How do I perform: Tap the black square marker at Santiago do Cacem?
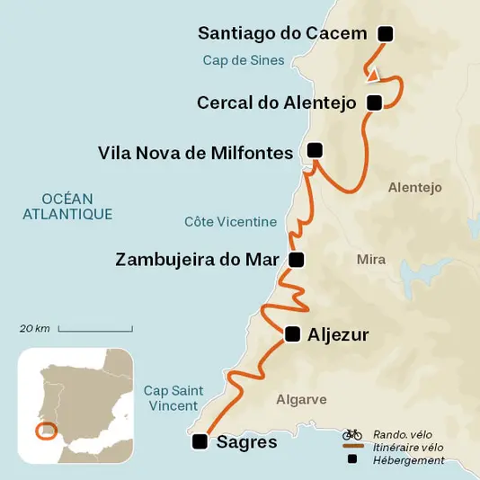pos(386,34)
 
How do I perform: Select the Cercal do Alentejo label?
pos(277,102)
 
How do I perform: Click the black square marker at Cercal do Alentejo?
pos(375,102)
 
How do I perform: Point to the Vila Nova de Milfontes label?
pos(195,153)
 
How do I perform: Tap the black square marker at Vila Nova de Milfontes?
pos(315,150)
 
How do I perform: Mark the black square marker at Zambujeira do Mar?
pos(297,260)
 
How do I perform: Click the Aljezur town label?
pos(338,334)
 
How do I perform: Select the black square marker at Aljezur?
pos(291,334)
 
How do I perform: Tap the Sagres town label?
pos(247,441)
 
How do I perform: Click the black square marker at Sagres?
pos(200,441)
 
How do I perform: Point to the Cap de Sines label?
pos(243,61)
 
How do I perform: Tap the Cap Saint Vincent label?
pos(173,398)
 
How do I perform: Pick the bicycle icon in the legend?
pos(351,433)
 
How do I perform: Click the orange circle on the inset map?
pos(44,430)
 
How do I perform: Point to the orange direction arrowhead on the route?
pos(373,76)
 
